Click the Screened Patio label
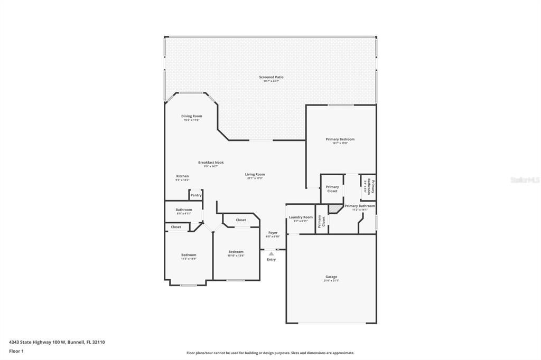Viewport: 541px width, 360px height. pyautogui.click(x=271, y=77)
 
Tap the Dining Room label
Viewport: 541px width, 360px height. pyautogui.click(x=191, y=116)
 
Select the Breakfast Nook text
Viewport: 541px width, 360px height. pyautogui.click(x=211, y=163)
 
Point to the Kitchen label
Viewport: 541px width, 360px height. pyautogui.click(x=182, y=176)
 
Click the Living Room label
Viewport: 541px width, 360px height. pyautogui.click(x=255, y=174)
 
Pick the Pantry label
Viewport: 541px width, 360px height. pyautogui.click(x=196, y=195)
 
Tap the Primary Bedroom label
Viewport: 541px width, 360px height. pyautogui.click(x=340, y=139)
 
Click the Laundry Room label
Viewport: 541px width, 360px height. pyautogui.click(x=301, y=217)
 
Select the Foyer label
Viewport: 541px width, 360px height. pyautogui.click(x=273, y=233)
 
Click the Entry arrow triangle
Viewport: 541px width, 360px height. pyautogui.click(x=271, y=254)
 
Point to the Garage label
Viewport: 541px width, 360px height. pyautogui.click(x=331, y=277)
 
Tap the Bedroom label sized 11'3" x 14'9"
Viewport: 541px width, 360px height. pyautogui.click(x=189, y=255)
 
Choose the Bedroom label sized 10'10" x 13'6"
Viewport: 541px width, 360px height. pyautogui.click(x=236, y=252)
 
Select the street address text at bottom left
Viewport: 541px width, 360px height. pyautogui.click(x=57, y=342)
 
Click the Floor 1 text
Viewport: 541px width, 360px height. pyautogui.click(x=16, y=350)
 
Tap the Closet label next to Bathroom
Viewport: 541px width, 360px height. pyautogui.click(x=176, y=227)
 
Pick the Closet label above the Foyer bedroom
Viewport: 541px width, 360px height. pyautogui.click(x=241, y=220)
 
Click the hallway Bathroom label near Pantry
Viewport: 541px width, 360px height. pyautogui.click(x=184, y=210)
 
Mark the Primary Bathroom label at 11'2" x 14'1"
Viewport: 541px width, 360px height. pyautogui.click(x=360, y=206)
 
